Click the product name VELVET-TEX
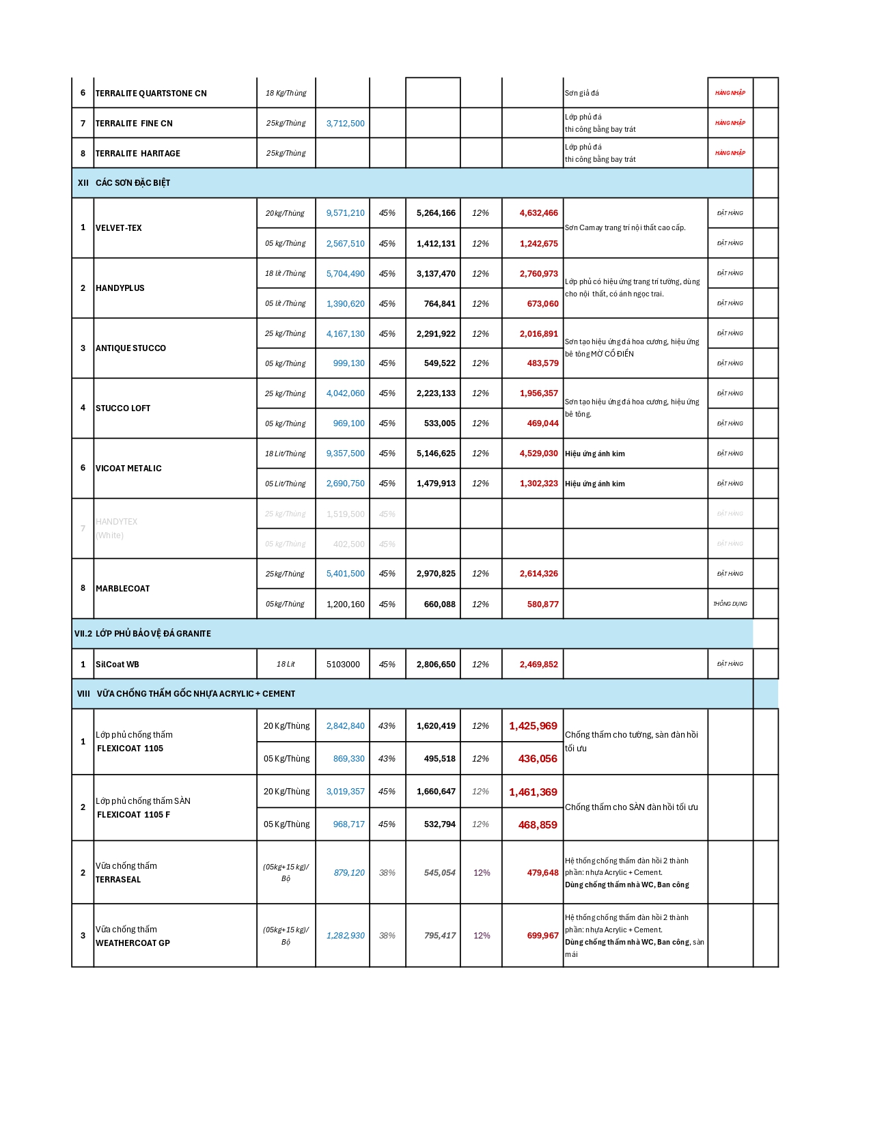point(119,228)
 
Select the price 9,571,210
point(345,213)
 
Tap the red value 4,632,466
point(538,213)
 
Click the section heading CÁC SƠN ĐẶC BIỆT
point(133,183)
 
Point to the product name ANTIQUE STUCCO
point(130,348)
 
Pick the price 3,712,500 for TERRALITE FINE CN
point(345,124)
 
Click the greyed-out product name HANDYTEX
point(117,522)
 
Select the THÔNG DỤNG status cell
point(730,604)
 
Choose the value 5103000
point(343,665)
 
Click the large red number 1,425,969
point(533,726)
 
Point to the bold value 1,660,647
point(436,792)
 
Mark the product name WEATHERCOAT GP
point(133,943)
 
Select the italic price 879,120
point(349,873)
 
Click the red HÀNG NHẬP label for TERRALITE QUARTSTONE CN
point(730,93)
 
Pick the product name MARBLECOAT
point(122,589)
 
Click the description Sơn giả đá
point(581,94)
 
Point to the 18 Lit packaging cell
point(286,665)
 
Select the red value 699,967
point(542,936)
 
